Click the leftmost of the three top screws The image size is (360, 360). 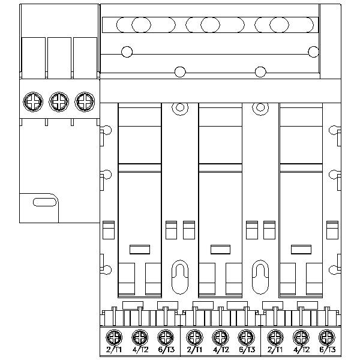coord(32,101)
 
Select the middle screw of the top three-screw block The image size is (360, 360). coord(58,101)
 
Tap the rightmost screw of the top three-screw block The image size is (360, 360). coord(85,101)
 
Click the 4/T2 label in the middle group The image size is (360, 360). coord(220,349)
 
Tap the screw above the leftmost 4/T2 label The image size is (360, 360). coord(139,337)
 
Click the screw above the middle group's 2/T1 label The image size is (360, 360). coord(193,337)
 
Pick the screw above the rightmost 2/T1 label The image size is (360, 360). coord(274,337)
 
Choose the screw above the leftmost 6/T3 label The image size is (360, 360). coord(165,337)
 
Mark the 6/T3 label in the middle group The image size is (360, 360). coord(245,349)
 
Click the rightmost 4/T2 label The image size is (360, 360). coord(300,349)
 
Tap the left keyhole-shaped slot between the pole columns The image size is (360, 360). coord(179,275)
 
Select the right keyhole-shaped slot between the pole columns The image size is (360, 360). coord(259,275)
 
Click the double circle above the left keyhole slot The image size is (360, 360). coord(179,109)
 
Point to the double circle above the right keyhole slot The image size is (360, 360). coord(259,109)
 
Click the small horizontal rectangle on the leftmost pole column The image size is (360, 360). coord(140,248)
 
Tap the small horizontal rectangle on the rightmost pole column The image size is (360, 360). coord(301,248)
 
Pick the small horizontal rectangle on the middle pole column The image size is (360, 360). coord(220,248)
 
